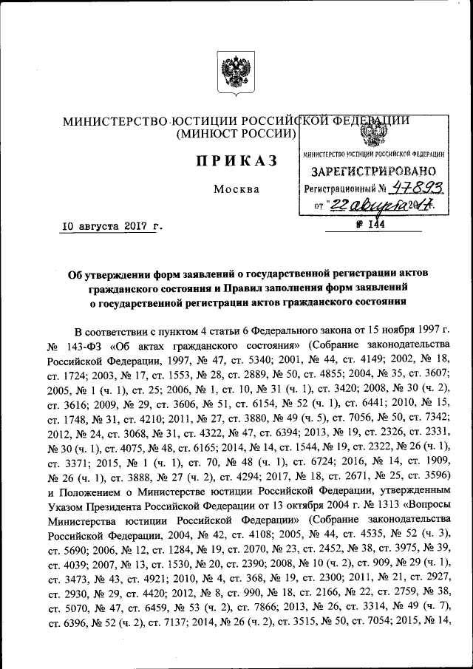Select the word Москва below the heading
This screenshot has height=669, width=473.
[x=236, y=189]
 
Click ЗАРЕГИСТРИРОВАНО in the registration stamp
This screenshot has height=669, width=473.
[x=375, y=172]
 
